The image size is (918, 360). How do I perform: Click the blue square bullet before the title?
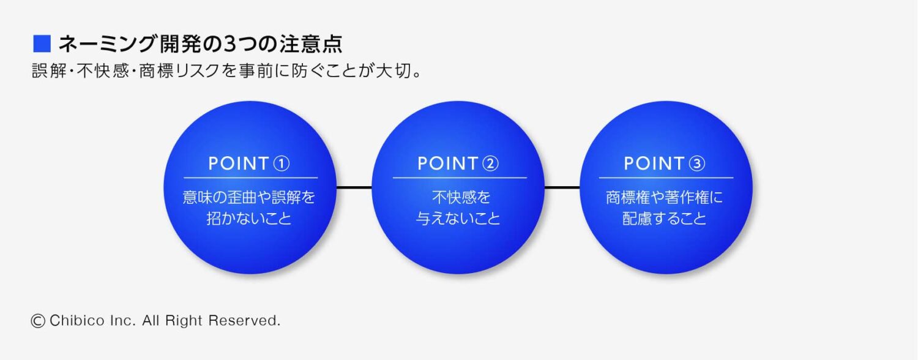click(x=41, y=44)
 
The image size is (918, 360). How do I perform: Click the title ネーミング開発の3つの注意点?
click(x=200, y=44)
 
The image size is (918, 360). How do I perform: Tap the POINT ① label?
click(x=248, y=163)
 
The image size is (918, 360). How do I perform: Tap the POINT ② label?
click(x=458, y=163)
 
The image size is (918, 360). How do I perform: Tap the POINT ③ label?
click(x=665, y=163)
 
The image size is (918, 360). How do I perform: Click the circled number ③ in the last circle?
click(x=697, y=163)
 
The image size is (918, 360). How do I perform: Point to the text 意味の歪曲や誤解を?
click(x=249, y=198)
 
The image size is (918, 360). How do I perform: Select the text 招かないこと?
click(x=249, y=219)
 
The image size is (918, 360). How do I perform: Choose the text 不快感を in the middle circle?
click(x=458, y=198)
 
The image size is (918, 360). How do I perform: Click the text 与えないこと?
click(x=458, y=219)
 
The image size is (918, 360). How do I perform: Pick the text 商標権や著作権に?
click(x=665, y=198)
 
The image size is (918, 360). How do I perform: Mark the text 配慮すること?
click(x=665, y=219)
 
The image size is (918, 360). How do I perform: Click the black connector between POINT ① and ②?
click(x=354, y=187)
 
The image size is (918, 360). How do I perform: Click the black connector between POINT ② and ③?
click(x=562, y=187)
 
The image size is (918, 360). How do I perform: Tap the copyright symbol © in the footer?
click(x=38, y=321)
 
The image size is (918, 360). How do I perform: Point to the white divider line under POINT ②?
click(x=459, y=178)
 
